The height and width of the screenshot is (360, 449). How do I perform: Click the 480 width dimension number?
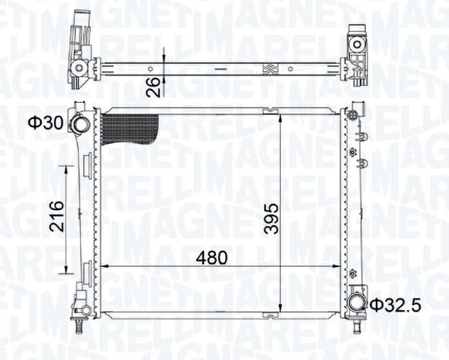click(211, 258)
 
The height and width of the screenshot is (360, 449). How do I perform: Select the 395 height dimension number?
click(271, 219)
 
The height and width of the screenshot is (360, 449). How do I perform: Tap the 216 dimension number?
click(56, 216)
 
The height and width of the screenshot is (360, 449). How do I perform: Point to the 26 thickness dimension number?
click(153, 87)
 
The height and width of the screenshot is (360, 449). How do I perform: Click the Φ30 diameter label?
click(45, 124)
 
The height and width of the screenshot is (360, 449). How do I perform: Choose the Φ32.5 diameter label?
click(396, 305)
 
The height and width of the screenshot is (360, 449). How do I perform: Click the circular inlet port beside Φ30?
click(81, 124)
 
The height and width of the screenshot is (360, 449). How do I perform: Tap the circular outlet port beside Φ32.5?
click(356, 303)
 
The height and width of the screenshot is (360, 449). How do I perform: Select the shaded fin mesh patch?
click(129, 129)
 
